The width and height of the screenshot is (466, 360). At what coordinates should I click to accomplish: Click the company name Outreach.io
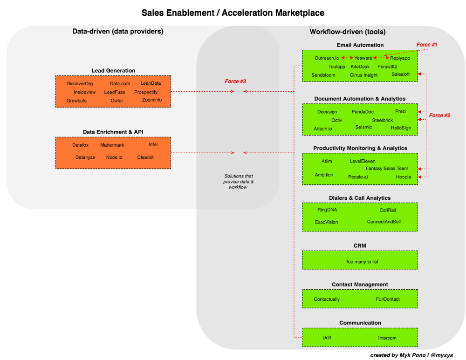pos(327,58)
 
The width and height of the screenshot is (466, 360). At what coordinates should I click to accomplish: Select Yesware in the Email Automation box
pos(363,58)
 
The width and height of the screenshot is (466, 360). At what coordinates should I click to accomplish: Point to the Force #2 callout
pos(439,115)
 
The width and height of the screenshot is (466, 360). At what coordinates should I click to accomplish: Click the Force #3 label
pos(235,82)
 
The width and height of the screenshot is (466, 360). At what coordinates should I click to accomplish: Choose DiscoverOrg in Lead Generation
pos(80,84)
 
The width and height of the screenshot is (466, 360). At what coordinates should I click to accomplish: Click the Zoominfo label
pos(152,100)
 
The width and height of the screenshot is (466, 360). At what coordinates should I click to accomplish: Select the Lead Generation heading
pos(113,71)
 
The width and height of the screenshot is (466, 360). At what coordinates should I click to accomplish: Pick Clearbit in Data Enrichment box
pos(145,157)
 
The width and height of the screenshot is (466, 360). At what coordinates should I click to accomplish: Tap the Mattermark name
pos(112,145)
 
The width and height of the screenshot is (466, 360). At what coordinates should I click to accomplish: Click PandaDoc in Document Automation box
pos(363,112)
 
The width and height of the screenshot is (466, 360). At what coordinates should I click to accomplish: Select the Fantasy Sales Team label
pos(387,169)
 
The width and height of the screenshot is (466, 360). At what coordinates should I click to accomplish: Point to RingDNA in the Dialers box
pos(327,210)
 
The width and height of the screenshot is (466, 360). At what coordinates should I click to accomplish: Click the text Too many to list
pos(362,262)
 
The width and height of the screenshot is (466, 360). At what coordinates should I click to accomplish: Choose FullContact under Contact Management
pos(388,299)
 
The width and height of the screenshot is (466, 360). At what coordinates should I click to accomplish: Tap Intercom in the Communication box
pos(387,338)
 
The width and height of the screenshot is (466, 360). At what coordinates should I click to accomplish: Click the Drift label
pos(327,338)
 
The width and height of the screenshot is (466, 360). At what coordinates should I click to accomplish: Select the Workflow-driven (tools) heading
pos(348,32)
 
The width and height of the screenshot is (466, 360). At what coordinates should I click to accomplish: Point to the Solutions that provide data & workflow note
pos(239,182)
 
